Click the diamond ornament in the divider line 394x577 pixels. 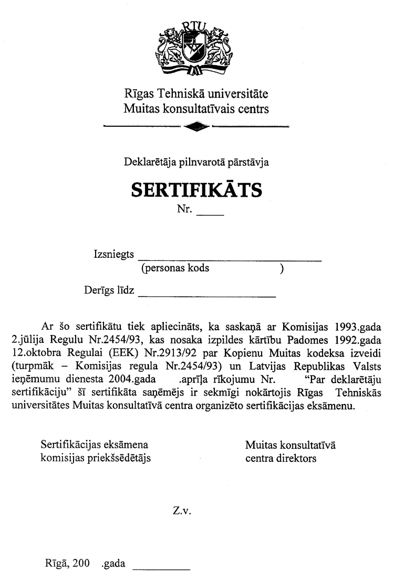[x=197, y=127]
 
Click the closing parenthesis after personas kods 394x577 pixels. [x=282, y=268]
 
